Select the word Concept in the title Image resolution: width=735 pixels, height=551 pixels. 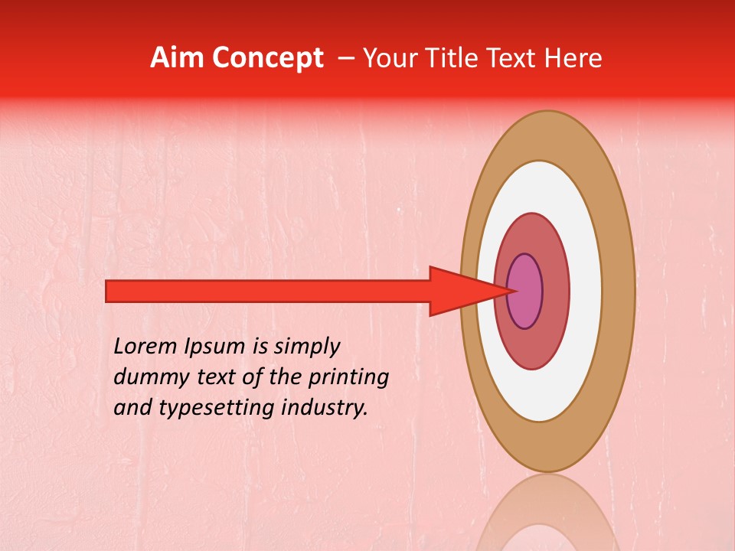(268, 59)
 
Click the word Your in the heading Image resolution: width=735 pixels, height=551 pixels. (390, 58)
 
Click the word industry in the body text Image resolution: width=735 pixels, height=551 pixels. (322, 408)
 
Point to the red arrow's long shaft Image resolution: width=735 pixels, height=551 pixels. (268, 291)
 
